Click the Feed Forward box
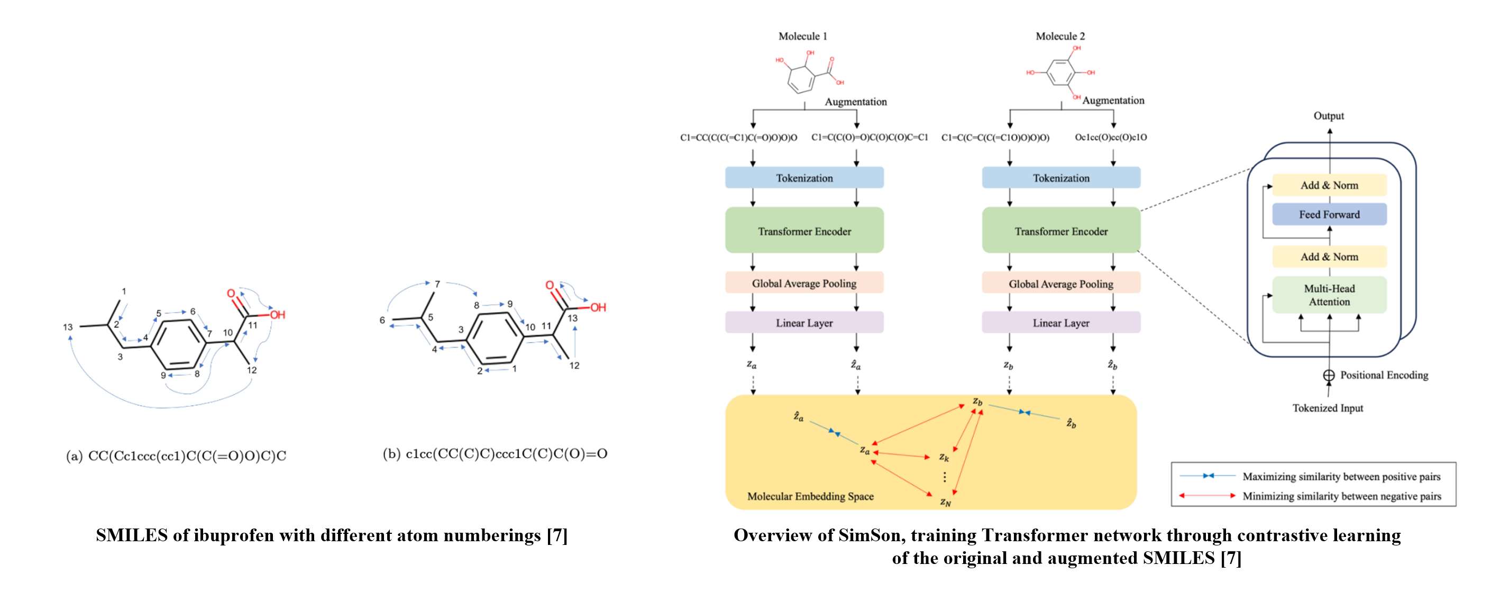(1329, 214)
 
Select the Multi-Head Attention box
(1329, 295)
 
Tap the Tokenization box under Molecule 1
(803, 178)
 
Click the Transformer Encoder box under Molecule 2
(1060, 231)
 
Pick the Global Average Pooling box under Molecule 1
(803, 283)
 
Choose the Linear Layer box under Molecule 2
(1060, 323)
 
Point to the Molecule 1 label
(802, 36)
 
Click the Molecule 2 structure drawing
(1060, 73)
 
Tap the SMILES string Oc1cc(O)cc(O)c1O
(1110, 138)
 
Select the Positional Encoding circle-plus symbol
(1328, 376)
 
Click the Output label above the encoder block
(1328, 116)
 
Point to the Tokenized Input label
(1327, 408)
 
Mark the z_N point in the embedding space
(945, 502)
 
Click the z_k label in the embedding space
(944, 457)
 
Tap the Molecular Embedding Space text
(810, 496)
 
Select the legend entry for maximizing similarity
(1340, 476)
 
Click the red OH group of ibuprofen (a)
(277, 315)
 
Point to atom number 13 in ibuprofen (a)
(68, 327)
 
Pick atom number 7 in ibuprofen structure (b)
(437, 284)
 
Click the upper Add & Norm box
(1329, 185)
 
